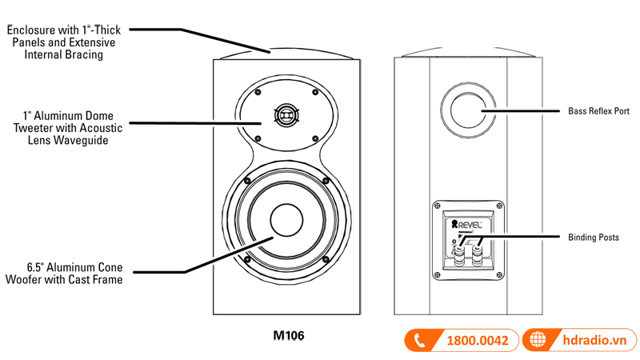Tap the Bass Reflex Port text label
(598, 111)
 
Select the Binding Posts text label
(593, 238)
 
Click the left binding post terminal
(458, 256)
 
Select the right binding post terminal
(477, 256)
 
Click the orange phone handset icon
(418, 340)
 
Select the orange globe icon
(535, 340)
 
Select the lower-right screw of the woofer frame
(326, 260)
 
